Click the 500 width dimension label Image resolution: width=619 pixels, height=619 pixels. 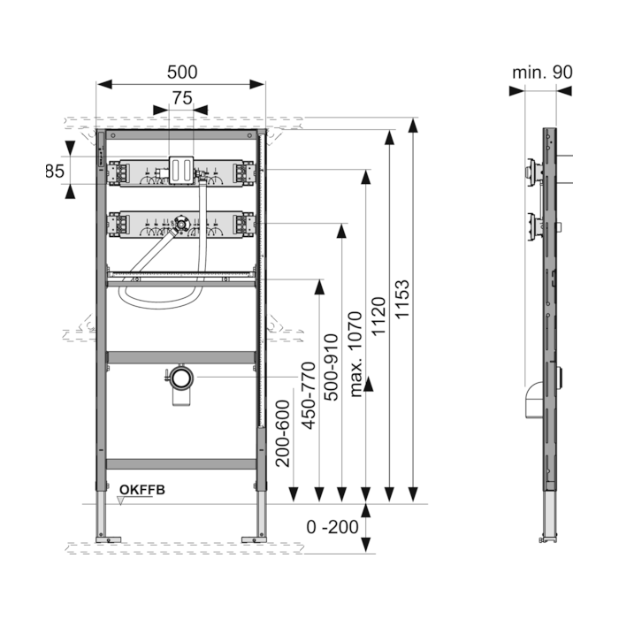click(182, 73)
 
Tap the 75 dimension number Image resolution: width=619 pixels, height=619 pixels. click(182, 98)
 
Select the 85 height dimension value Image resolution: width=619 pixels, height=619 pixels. click(55, 172)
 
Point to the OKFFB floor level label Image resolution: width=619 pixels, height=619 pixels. click(142, 490)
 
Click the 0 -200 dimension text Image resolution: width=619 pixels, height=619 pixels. click(332, 527)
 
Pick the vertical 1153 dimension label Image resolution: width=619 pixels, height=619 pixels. click(402, 299)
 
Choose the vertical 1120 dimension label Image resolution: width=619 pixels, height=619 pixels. click(378, 317)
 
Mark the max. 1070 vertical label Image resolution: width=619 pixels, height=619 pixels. click(355, 354)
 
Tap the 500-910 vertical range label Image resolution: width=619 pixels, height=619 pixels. click(332, 368)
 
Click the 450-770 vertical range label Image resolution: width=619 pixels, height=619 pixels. click(309, 395)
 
